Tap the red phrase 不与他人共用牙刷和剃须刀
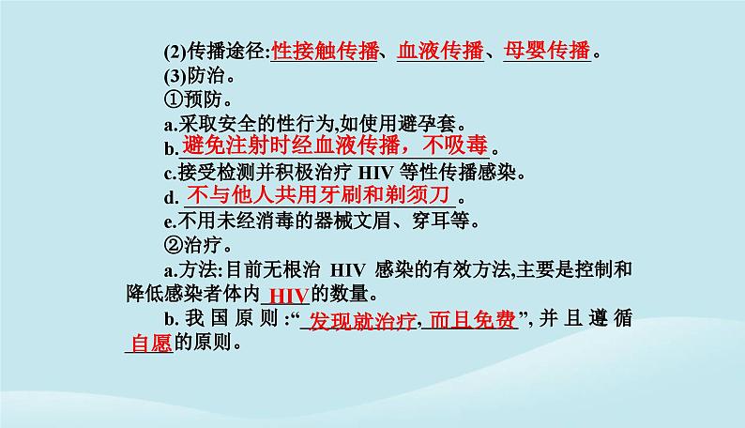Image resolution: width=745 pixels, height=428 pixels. (319, 196)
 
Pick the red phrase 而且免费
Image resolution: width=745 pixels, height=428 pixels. (478, 320)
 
